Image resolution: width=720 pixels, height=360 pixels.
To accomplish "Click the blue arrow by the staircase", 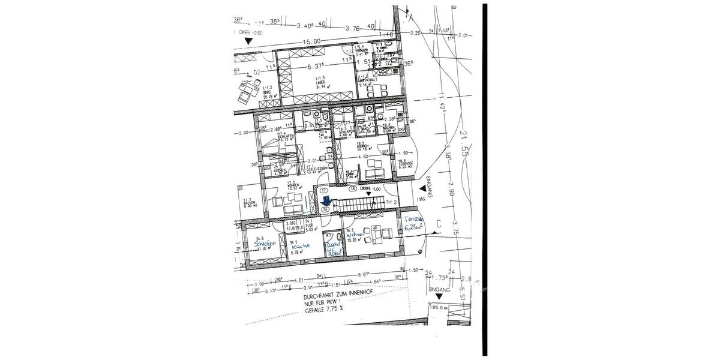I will click(325, 201).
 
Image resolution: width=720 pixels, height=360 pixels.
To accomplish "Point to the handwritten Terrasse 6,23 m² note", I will click(413, 223).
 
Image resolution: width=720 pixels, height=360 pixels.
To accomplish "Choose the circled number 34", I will click(325, 210).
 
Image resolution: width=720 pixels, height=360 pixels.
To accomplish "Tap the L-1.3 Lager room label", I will click(324, 83).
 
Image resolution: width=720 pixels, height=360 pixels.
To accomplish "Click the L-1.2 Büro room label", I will click(268, 91).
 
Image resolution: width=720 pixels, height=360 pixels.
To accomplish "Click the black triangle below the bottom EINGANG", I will click(440, 296).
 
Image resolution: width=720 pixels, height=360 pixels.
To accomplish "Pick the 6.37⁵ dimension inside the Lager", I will click(316, 67).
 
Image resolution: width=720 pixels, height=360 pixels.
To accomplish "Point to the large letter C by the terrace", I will click(439, 224).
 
